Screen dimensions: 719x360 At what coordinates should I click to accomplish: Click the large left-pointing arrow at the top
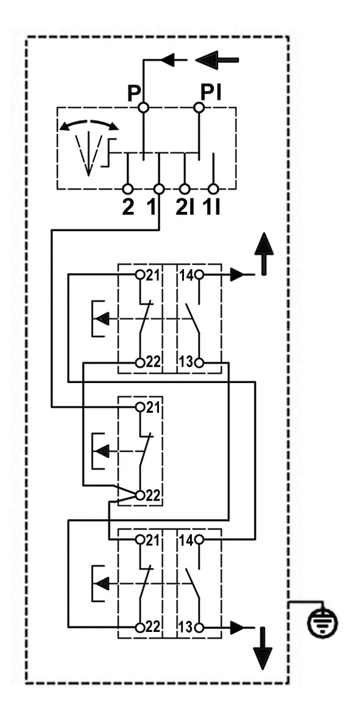coord(217,60)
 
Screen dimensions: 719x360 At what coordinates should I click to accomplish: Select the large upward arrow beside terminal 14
coord(263,253)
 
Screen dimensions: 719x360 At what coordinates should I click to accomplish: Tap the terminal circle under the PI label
coord(199,108)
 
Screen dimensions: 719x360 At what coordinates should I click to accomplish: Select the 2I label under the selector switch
coord(185,206)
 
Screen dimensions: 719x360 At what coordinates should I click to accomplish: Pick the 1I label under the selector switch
coord(214,206)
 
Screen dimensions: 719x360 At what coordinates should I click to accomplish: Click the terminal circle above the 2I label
coord(185,189)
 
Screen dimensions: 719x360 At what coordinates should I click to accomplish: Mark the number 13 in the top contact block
coord(186,362)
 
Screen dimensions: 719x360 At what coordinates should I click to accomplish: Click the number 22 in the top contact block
coord(153,362)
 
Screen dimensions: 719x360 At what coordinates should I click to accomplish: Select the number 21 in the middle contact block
coord(153,407)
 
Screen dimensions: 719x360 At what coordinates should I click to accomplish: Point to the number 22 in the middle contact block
coord(153,496)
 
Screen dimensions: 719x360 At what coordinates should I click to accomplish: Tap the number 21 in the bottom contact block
coord(153,540)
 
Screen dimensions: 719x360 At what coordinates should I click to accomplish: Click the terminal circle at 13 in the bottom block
coord(199,627)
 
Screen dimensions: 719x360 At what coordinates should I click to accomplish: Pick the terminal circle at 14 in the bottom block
coord(199,540)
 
